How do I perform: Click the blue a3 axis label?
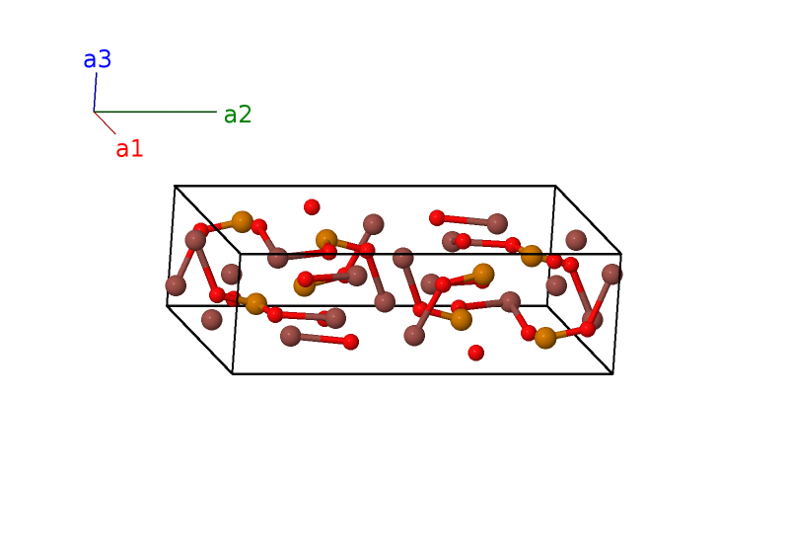[x=97, y=59]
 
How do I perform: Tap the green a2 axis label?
[x=238, y=115]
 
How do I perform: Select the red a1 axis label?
[x=129, y=149]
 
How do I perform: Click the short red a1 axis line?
[x=105, y=122]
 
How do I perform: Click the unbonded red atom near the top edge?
[x=312, y=206]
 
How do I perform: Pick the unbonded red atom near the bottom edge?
[x=476, y=353]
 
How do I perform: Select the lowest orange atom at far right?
[x=545, y=338]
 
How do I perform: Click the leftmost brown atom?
[x=176, y=285]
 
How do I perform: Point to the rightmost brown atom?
[x=611, y=274]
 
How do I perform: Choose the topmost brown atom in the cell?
[x=373, y=224]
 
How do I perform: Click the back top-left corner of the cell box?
[x=175, y=186]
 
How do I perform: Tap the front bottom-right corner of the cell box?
[x=612, y=373]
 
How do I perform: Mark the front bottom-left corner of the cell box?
[x=233, y=373]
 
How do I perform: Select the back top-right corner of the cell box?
[x=555, y=186]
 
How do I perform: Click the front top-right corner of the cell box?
[x=621, y=254]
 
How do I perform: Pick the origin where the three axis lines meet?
[x=94, y=112]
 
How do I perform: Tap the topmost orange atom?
[x=242, y=221]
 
